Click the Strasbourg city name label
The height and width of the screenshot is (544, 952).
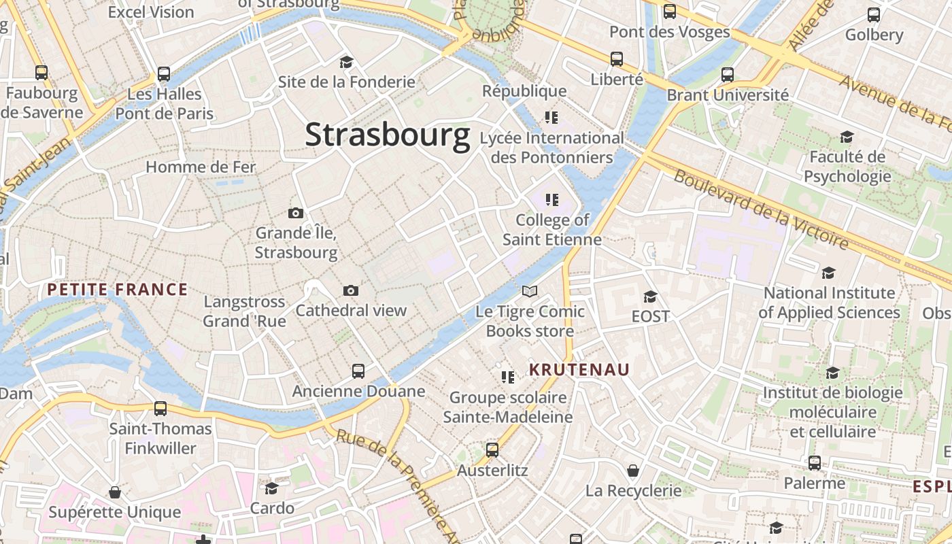coord(387,135)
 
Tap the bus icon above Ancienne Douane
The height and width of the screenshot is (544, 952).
coord(358,371)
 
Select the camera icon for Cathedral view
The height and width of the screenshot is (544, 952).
coord(351,291)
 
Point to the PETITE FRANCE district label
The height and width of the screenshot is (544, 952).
coord(117,290)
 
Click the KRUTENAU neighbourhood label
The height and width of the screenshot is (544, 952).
coord(579,370)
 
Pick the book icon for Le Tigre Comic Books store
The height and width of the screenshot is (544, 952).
coord(530,292)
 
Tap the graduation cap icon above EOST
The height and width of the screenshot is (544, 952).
coord(651,296)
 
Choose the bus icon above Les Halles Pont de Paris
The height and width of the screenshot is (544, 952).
coord(164,73)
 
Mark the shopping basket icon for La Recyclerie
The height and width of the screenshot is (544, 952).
coord(633,471)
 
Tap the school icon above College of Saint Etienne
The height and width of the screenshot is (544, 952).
coord(552,200)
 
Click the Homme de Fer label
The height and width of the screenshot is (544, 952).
coord(201,167)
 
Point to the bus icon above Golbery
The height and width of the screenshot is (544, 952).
coord(874,15)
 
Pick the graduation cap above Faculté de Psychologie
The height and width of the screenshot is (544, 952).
coord(847,137)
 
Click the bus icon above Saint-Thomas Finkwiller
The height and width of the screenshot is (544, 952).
coord(160,409)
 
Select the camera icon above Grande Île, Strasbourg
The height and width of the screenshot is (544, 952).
coord(296,214)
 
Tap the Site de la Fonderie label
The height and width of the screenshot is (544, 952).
coord(346,82)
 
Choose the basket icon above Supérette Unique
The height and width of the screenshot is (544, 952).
coord(115,492)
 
